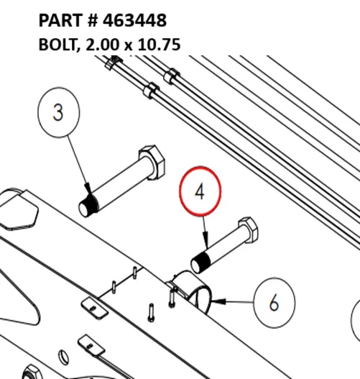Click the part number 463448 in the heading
click(x=134, y=20)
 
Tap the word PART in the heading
click(x=61, y=20)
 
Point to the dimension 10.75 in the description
click(x=159, y=45)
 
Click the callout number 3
click(x=58, y=112)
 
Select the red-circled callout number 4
click(x=200, y=191)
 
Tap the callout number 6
click(x=274, y=302)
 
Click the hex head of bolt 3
click(x=152, y=162)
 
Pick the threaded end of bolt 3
click(x=88, y=206)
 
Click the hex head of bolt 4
click(x=248, y=229)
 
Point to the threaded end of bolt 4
click(x=200, y=262)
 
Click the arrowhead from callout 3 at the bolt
click(x=88, y=188)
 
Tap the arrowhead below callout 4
click(x=206, y=240)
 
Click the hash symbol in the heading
click(x=93, y=20)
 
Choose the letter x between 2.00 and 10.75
click(x=129, y=46)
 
